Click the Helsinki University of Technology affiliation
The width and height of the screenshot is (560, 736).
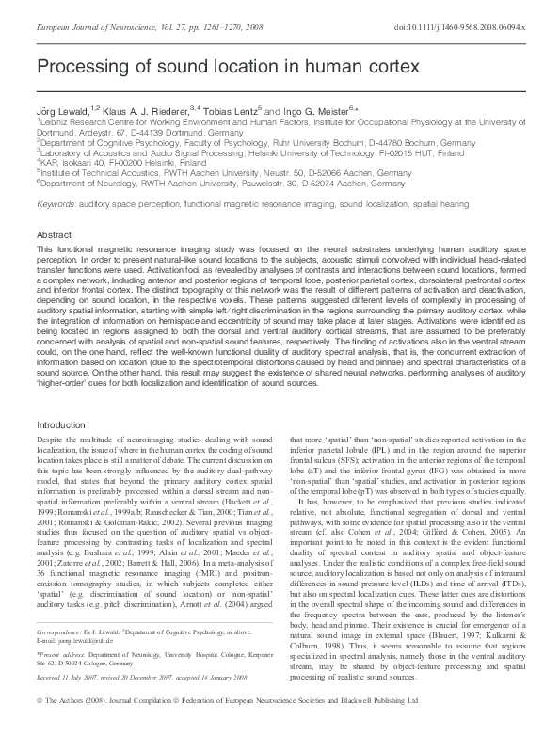[x=235, y=152]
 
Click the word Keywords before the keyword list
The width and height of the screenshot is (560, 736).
[x=56, y=203]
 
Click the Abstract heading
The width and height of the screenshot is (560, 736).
[x=54, y=233]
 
